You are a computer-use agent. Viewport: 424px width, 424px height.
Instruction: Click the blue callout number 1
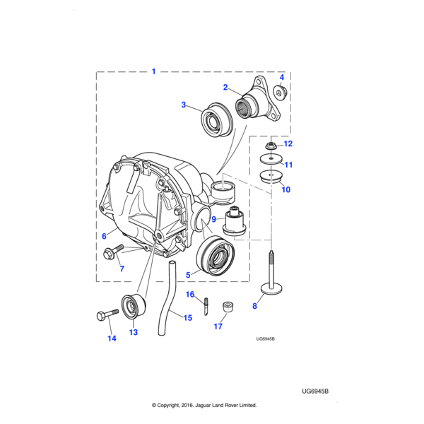tap(153, 71)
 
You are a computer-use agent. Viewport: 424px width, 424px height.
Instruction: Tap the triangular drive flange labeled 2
tap(258, 100)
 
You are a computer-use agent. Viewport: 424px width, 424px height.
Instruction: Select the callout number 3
tap(184, 105)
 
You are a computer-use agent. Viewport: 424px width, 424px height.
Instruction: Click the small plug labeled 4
tap(280, 92)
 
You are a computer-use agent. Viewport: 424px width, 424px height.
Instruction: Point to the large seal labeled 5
tap(216, 256)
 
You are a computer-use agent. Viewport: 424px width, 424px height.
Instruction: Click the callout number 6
tap(104, 236)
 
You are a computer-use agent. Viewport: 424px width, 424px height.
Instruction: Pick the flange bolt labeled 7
tap(113, 252)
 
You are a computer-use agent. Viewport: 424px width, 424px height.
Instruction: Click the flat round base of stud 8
tap(271, 290)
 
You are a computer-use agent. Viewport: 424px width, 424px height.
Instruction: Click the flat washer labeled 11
tap(271, 158)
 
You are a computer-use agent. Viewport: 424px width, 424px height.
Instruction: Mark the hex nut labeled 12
tap(270, 146)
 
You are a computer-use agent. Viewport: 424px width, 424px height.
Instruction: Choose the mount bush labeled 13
tap(134, 305)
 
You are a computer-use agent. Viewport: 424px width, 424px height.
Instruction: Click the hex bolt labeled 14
tap(107, 315)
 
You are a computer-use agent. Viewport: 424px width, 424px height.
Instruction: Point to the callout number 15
tap(188, 318)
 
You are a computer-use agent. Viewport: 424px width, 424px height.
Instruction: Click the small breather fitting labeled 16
tap(206, 306)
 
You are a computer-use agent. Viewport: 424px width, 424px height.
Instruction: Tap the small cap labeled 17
tap(228, 307)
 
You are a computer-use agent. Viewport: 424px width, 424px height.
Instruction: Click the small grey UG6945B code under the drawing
tap(265, 338)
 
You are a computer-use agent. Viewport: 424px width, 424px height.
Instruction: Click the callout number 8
tap(254, 306)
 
